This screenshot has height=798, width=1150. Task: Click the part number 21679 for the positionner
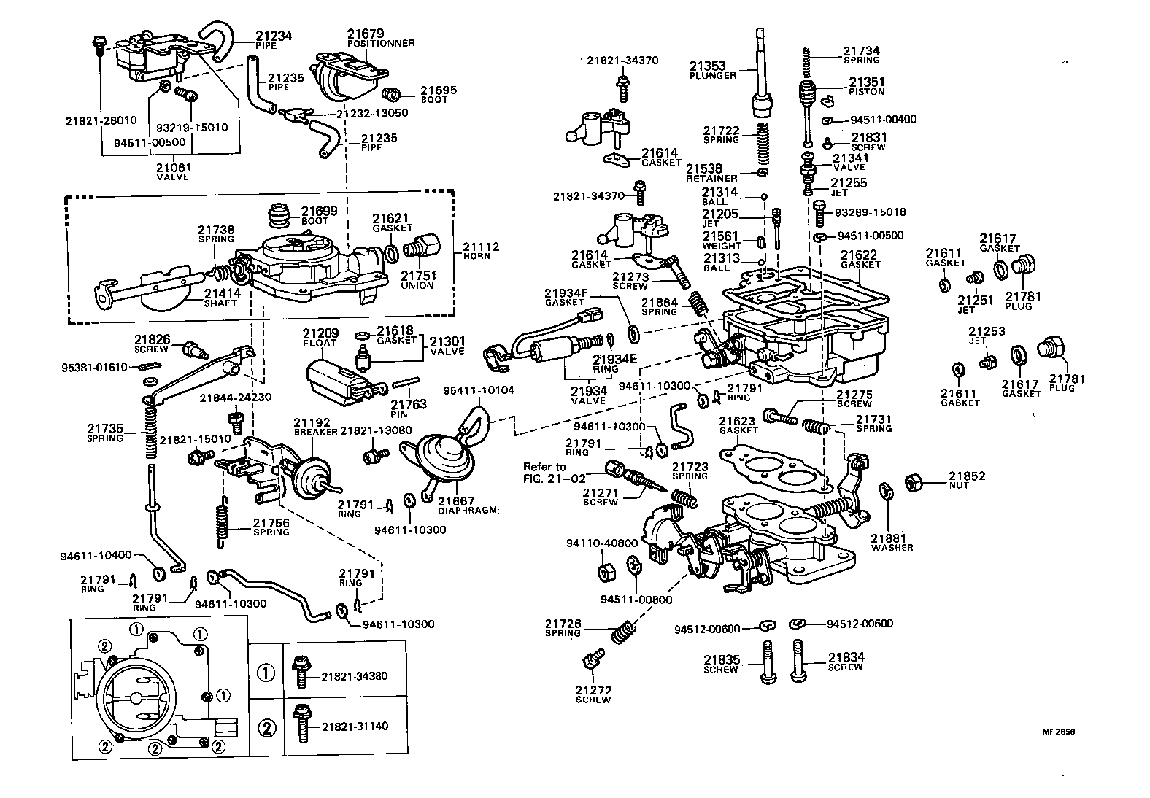[362, 34]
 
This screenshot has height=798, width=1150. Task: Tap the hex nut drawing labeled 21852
[914, 482]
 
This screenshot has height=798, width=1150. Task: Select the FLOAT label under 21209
[320, 342]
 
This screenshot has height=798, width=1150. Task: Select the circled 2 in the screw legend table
[266, 727]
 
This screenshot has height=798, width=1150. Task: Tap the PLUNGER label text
[713, 76]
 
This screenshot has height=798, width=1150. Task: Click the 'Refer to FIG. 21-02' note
[545, 473]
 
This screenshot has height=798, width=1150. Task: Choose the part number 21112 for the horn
[480, 247]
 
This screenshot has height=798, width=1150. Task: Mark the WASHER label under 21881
[892, 547]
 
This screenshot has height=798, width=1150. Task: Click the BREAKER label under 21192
[315, 431]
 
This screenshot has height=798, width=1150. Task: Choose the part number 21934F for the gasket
[566, 293]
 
